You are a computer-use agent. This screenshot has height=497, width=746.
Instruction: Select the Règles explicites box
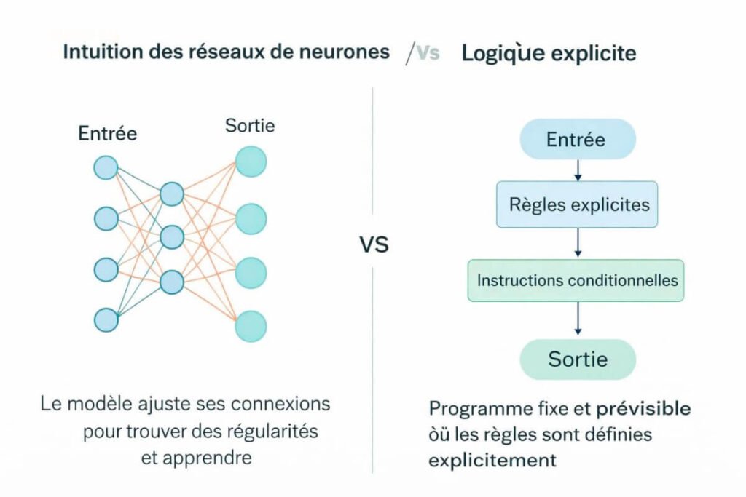coord(577,204)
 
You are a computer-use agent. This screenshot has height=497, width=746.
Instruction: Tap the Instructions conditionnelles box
coord(576,280)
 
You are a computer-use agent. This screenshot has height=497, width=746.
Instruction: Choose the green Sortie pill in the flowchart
coord(577,359)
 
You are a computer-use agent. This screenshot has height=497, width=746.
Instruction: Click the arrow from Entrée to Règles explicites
coord(578,170)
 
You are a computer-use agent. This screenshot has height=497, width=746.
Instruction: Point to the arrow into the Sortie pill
coord(578,320)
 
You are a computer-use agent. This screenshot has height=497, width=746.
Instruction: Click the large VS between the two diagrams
coord(374,244)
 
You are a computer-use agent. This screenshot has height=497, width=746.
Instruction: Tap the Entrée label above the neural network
coord(108,134)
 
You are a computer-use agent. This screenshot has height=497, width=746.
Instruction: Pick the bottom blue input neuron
coord(106,319)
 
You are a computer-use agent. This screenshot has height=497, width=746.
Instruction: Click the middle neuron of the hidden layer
coord(172,236)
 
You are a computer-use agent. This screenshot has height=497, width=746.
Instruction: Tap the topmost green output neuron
coord(251,162)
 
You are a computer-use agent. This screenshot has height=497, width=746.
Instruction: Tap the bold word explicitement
coord(492,461)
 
